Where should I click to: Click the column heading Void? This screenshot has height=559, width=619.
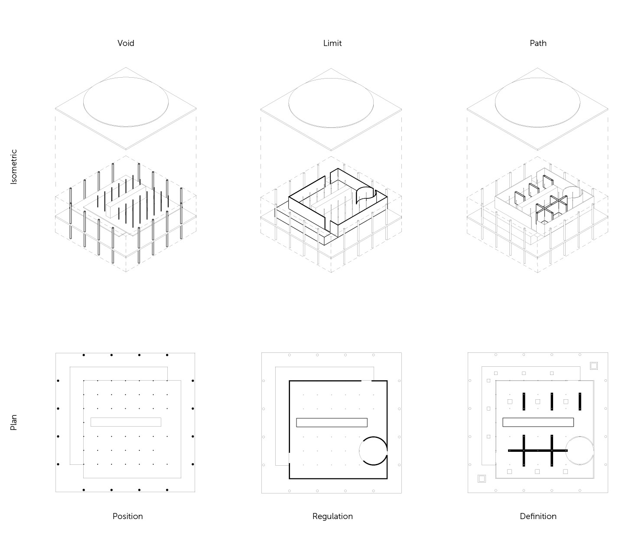tap(126, 43)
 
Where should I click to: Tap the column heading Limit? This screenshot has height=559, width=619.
tap(332, 43)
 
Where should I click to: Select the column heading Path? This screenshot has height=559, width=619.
tap(538, 43)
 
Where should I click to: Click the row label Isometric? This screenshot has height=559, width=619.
tap(14, 167)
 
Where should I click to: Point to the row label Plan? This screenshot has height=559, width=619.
tap(14, 422)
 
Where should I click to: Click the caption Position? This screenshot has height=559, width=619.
tap(127, 516)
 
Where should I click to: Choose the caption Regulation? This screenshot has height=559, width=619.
tap(332, 516)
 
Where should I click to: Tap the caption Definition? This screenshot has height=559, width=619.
tap(538, 516)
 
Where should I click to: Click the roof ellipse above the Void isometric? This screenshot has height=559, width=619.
tap(126, 77)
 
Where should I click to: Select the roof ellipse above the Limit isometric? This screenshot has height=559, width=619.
tap(331, 78)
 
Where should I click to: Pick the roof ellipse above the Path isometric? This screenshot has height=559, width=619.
tap(538, 78)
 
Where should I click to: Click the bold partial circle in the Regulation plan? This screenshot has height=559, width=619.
tap(373, 437)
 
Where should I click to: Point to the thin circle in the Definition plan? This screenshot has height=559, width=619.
tap(580, 436)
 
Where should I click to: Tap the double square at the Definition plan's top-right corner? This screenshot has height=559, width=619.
tap(594, 366)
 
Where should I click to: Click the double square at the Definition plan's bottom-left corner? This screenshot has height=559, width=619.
tap(482, 479)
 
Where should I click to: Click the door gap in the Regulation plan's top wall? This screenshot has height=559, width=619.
tap(367, 381)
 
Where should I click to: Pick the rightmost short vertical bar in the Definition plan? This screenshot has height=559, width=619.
tap(580, 401)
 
